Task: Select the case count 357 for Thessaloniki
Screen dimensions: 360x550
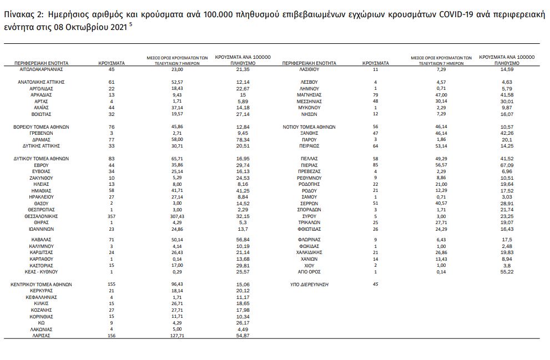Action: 111,216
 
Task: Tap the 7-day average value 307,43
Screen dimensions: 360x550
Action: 176,216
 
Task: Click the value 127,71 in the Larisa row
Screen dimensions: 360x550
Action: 176,336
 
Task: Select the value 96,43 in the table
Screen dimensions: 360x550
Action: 176,284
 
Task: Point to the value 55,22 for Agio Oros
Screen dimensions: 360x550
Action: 506,272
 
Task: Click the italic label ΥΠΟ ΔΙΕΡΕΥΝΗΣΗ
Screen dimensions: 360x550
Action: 307,284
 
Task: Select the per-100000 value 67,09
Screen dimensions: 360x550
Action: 506,164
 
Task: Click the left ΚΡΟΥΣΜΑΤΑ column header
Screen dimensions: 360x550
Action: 111,63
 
